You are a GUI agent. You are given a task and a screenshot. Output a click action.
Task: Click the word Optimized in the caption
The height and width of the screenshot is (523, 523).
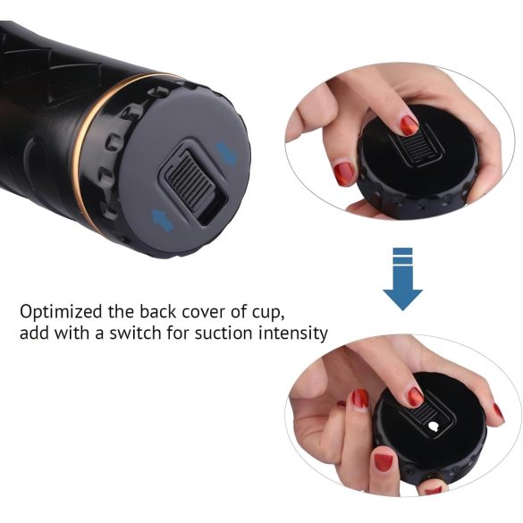[58, 313]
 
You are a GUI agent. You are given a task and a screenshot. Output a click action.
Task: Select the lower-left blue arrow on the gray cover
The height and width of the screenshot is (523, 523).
[163, 216]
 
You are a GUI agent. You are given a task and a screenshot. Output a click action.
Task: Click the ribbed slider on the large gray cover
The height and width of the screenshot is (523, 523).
[190, 176]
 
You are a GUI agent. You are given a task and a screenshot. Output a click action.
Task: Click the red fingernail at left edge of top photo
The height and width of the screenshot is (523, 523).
[344, 172]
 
